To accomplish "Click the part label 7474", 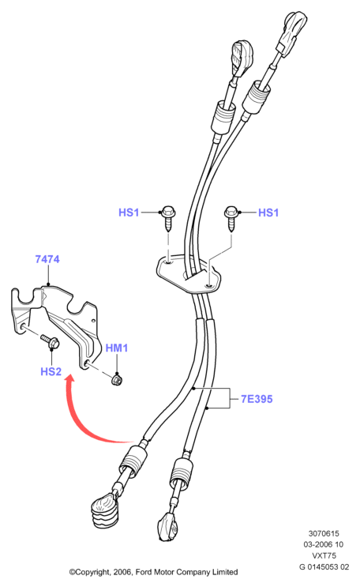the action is point(47,259).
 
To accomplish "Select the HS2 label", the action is point(51,371).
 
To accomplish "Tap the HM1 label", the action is point(117,348).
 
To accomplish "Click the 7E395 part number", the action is point(257,399).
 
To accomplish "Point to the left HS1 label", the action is point(129,213).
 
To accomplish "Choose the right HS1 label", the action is point(268,213).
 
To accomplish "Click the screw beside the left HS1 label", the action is point(167,218).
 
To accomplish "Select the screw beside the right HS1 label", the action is point(231,218).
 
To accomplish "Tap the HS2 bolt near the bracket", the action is point(50,341).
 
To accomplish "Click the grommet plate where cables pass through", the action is point(188,273).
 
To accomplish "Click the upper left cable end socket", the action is point(242,56).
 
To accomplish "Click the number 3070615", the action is point(324,533).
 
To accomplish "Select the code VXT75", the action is point(324,555).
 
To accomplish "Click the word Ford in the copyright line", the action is point(144,572).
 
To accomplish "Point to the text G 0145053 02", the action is point(324,566).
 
